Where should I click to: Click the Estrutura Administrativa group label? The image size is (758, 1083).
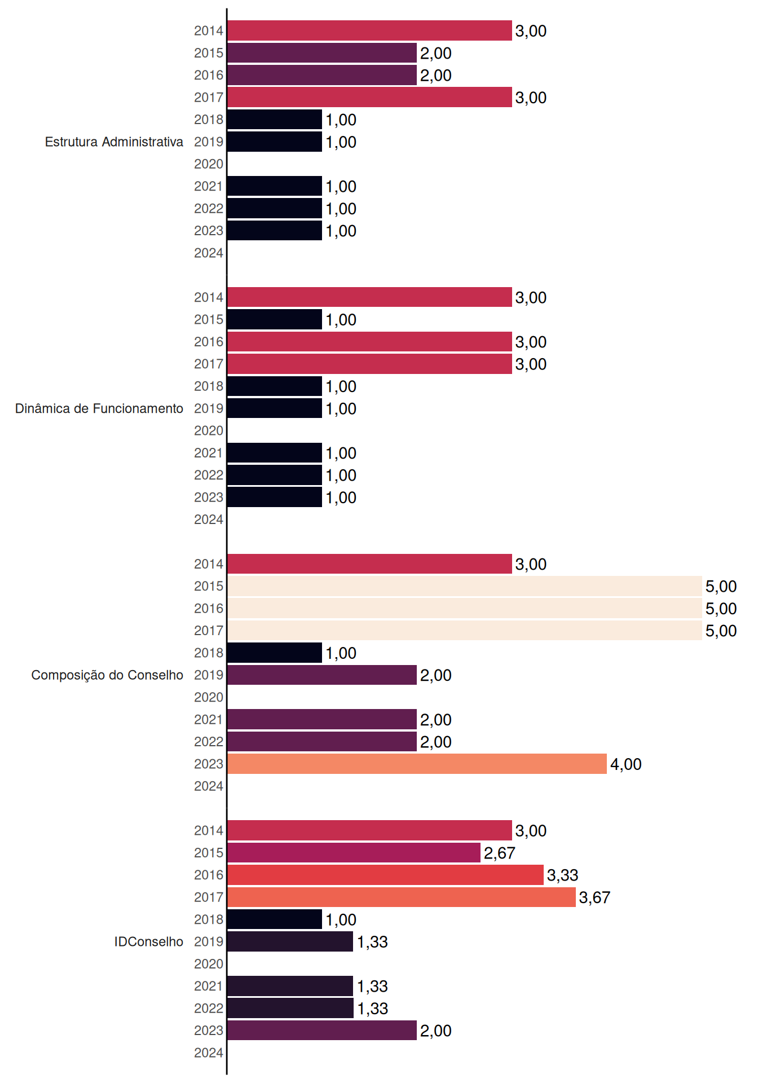[114, 142]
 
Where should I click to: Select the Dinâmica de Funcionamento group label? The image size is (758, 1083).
[99, 408]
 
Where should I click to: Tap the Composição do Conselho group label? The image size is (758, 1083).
[107, 675]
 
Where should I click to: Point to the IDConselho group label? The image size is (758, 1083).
[149, 941]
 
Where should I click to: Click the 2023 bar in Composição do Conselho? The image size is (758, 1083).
[417, 764]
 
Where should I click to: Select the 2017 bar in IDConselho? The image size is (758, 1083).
[402, 897]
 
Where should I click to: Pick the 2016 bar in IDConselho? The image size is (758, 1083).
[386, 875]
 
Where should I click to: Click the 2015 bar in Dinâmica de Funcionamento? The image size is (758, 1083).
[275, 319]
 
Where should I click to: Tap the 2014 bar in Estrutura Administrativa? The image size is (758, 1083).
[370, 30]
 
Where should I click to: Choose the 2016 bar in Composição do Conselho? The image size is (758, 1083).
[465, 608]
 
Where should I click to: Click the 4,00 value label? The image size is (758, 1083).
[626, 764]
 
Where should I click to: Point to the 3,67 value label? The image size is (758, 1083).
[594, 897]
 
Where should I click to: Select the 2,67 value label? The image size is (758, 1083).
[500, 853]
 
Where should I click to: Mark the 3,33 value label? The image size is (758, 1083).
[563, 875]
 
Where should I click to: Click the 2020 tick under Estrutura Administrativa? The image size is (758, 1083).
[209, 164]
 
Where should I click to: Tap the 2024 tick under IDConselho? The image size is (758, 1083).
[209, 1053]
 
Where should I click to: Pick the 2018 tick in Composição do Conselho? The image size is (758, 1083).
[209, 653]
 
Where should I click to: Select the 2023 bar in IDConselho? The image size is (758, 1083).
[322, 1031]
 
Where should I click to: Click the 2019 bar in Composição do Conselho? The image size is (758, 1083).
[322, 675]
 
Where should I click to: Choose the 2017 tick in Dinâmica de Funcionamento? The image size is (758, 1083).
[209, 364]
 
